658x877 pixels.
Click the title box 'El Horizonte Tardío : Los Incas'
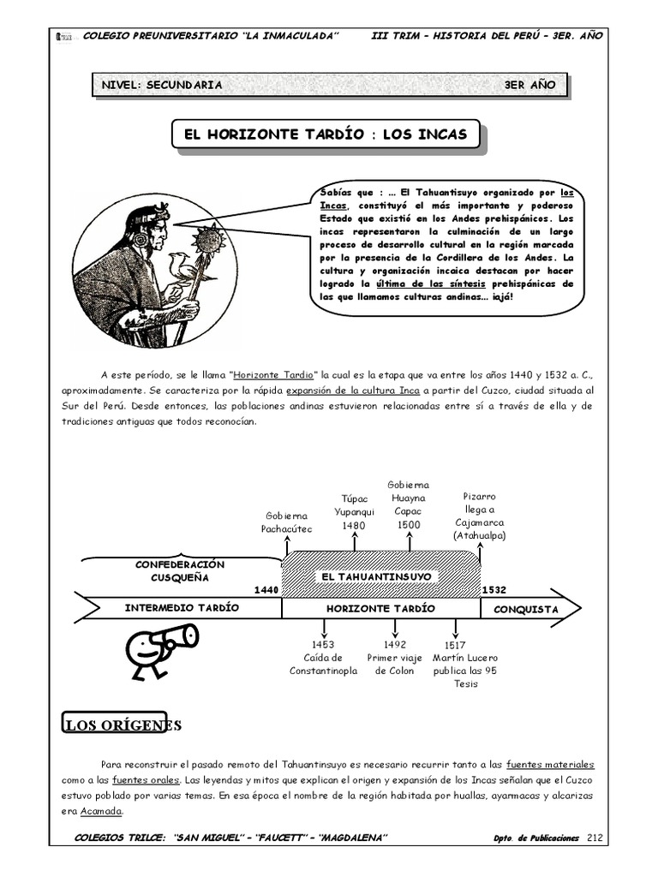coord(320,134)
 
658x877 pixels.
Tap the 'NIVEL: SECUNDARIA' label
coord(162,85)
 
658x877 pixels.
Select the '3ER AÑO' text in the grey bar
coord(530,85)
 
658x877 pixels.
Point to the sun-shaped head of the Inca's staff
coord(207,237)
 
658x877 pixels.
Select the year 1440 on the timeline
coord(266,590)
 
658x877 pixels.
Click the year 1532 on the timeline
coord(493,590)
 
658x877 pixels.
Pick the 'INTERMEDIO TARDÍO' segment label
coord(182,608)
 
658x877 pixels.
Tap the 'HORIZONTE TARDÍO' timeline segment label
coord(380,608)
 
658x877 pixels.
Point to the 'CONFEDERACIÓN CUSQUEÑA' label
coord(180,570)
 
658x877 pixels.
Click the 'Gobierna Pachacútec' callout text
coord(287,522)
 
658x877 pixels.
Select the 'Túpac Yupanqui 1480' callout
coord(354,511)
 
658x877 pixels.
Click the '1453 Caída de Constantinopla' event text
coord(323,658)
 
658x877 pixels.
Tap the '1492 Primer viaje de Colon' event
coord(394,658)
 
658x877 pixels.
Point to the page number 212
coord(596,837)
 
